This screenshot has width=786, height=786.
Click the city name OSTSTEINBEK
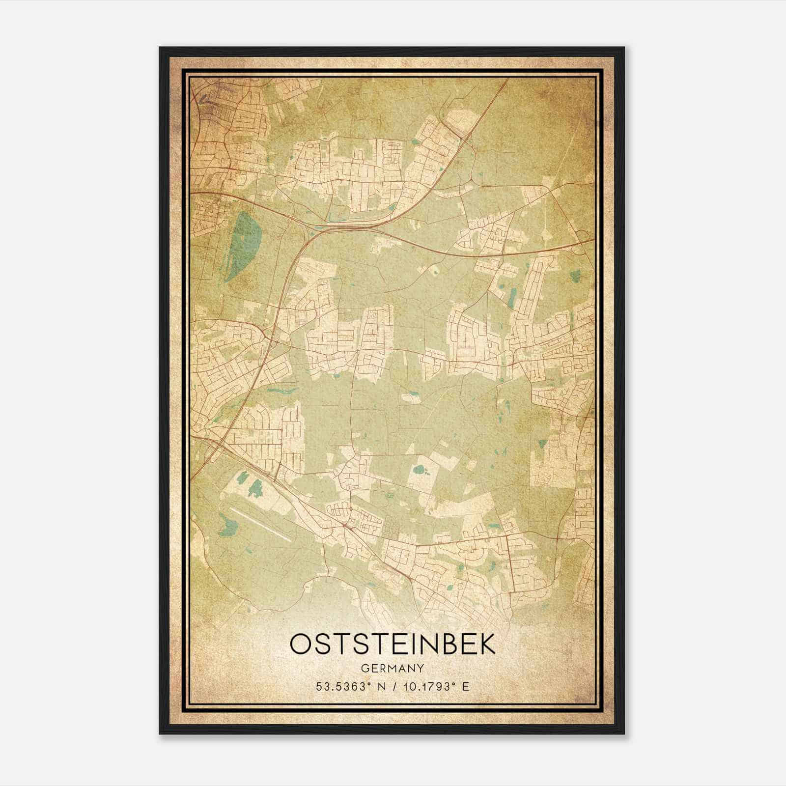coord(393,644)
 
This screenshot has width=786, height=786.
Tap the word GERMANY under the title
coord(393,669)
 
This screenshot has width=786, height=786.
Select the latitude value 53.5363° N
coord(352,686)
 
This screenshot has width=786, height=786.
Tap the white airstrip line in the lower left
coord(260,525)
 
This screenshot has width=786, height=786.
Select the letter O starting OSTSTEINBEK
coord(300,644)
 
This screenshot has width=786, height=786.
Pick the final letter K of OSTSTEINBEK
coord(488,644)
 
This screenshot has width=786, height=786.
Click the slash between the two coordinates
coord(393,686)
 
